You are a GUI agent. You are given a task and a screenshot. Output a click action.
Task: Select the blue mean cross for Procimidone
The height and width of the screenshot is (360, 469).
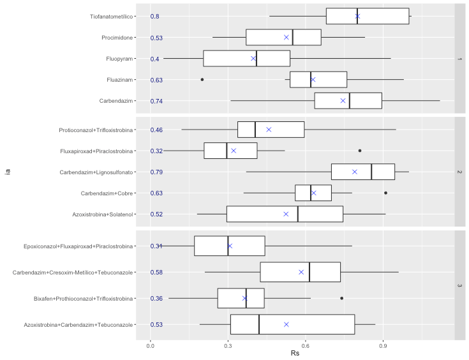[x=287, y=38]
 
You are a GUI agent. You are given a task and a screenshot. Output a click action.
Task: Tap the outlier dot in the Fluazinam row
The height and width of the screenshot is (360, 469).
[x=202, y=80]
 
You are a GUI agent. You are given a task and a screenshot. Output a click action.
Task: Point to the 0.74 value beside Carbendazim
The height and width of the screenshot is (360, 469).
[x=157, y=101]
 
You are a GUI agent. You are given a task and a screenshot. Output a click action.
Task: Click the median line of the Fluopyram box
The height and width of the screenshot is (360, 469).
[x=257, y=59]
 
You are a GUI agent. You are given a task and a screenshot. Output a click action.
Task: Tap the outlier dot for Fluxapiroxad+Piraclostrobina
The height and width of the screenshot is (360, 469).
[x=360, y=151]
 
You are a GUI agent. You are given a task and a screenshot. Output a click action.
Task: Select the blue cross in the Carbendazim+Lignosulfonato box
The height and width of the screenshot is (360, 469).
[x=355, y=172]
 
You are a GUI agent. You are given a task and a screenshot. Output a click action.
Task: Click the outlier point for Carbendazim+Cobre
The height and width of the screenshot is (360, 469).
[x=385, y=193]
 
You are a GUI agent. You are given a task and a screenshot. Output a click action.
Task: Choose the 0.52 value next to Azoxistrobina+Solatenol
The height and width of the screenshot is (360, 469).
[x=157, y=214]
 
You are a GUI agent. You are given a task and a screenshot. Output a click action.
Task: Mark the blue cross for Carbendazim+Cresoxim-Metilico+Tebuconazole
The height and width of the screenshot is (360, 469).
[x=302, y=272]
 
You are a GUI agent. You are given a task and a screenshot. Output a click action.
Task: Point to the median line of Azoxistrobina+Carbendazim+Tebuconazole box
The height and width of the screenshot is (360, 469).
[x=259, y=324]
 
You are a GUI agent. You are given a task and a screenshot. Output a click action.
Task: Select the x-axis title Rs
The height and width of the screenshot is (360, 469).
[x=295, y=353]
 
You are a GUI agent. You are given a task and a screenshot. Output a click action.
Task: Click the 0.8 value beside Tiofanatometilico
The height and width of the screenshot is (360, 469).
[x=155, y=17]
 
